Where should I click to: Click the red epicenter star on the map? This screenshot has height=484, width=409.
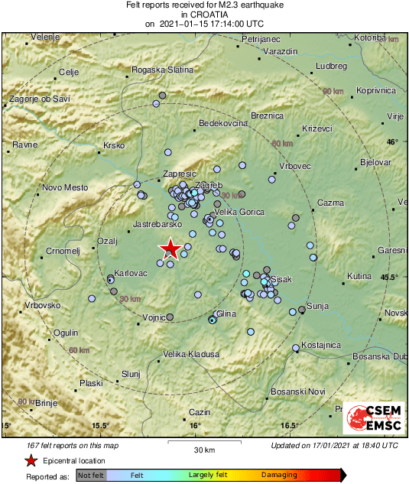[x=171, y=248]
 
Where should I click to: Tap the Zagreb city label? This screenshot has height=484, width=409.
[x=209, y=186]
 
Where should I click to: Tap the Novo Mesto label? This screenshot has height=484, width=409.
[x=65, y=187]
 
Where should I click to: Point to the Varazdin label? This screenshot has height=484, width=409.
[x=279, y=50]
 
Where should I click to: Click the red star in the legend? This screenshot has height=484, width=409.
[x=31, y=460]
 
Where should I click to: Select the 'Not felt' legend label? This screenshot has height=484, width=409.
[x=91, y=475]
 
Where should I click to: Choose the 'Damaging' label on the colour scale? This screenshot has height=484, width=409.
[x=278, y=475]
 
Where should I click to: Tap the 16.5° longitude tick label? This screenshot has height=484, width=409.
[x=287, y=426]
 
